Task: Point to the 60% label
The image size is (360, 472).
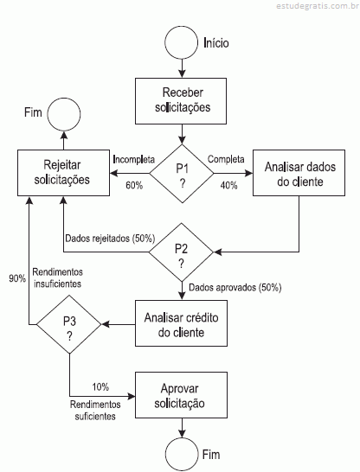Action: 134,185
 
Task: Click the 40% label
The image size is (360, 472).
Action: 228,185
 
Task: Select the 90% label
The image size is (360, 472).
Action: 17,278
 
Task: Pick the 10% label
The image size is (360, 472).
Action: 100,386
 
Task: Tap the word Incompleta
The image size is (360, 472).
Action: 134,159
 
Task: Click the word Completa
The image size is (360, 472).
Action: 226,159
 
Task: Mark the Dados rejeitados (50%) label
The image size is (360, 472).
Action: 110,239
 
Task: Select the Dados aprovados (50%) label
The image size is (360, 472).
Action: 235,288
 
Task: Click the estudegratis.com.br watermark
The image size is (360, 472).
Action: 318,6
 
